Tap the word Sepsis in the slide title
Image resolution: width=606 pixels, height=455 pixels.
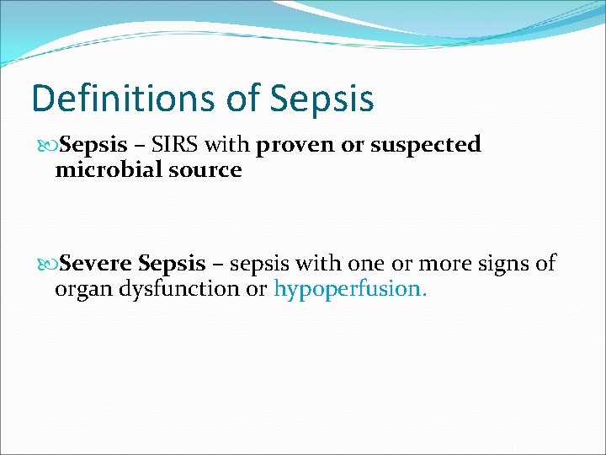coord(322,99)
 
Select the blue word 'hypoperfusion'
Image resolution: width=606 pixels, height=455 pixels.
coord(348,290)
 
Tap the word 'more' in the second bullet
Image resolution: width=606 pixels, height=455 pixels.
coord(441,265)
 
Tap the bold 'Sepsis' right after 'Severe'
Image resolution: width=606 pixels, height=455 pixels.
coord(172,265)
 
